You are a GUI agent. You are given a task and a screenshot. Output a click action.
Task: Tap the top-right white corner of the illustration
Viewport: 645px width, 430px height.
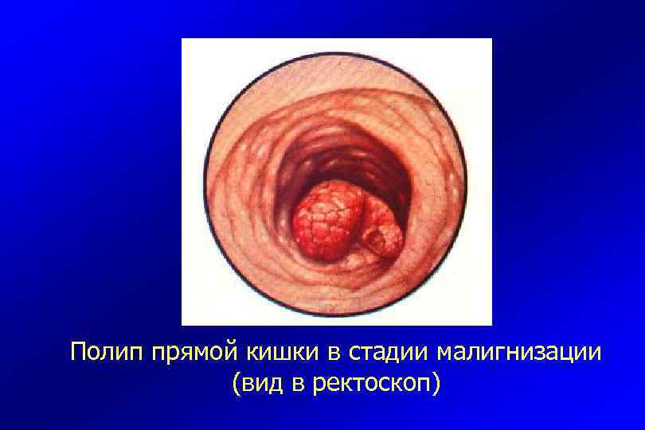(484, 46)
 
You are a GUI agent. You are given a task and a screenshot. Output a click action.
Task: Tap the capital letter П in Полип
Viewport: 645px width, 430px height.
(78, 350)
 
